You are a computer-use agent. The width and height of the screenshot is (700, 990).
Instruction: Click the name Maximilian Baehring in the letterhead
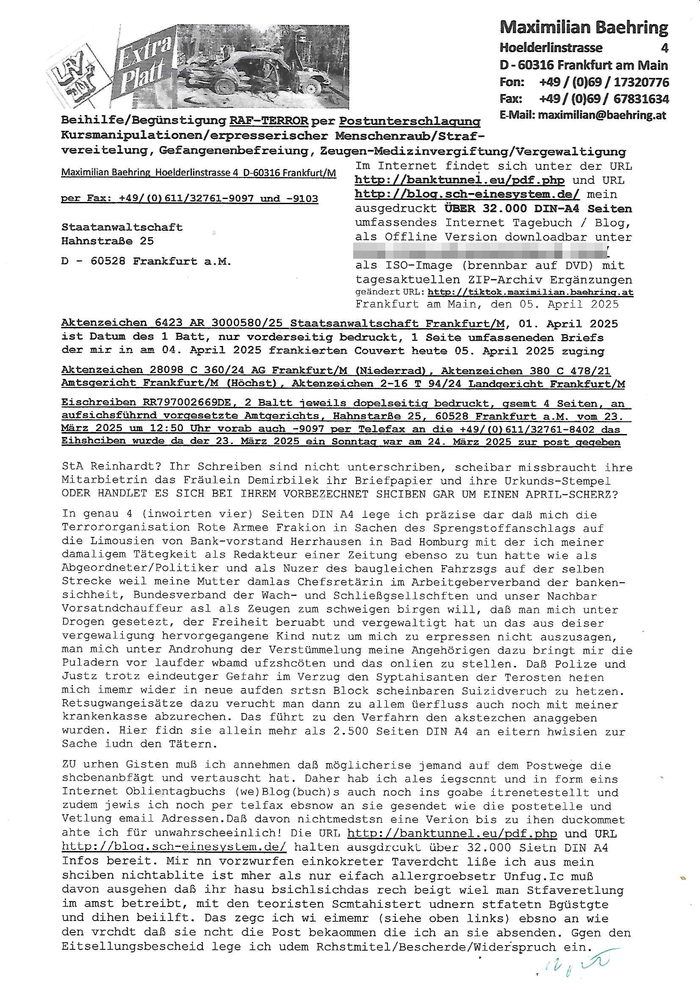tap(584, 28)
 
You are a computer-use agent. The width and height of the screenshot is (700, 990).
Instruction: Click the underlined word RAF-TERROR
tap(269, 121)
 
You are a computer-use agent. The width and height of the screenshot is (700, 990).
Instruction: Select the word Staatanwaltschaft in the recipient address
tap(122, 227)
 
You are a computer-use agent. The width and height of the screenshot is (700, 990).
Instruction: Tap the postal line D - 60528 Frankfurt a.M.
tap(146, 261)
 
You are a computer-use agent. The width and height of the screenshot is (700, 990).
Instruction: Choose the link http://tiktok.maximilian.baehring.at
tap(530, 292)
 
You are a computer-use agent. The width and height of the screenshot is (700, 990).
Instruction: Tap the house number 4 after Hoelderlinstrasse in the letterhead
tap(664, 47)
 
